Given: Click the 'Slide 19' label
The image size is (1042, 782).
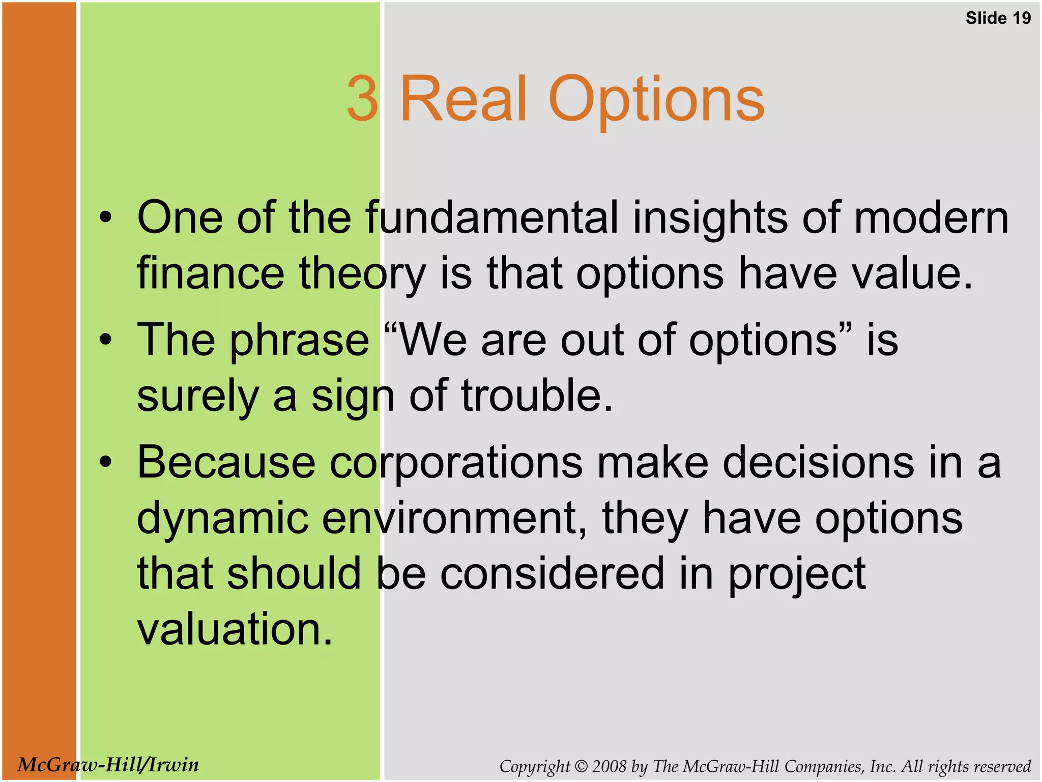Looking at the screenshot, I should click(x=998, y=18).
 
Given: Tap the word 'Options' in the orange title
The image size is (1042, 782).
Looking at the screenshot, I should click(x=656, y=99).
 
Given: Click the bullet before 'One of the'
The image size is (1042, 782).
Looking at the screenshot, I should click(x=105, y=218).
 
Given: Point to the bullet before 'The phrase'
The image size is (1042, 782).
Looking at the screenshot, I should click(x=105, y=340).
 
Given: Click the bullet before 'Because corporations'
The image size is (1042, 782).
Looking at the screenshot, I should click(x=105, y=462).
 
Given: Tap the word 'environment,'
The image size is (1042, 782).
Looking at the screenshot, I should click(x=455, y=518).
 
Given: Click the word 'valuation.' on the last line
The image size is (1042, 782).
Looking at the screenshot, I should click(x=235, y=629).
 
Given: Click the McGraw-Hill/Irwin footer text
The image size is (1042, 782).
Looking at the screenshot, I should click(x=108, y=764).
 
